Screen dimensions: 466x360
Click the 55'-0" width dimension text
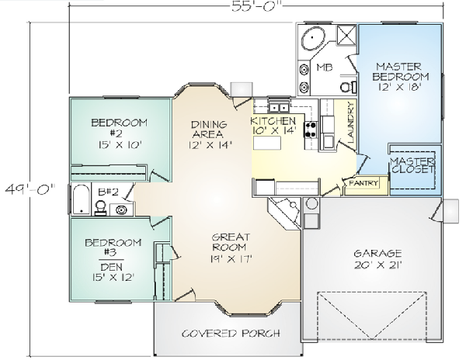pos(256,6)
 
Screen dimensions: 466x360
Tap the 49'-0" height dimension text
pos(30,189)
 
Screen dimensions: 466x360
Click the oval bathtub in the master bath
pos(312,38)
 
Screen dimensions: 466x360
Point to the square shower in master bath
pos(346,36)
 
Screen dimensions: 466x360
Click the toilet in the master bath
pos(348,86)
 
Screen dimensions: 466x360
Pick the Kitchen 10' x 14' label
pos(273,126)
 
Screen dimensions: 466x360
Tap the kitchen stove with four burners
pos(311,130)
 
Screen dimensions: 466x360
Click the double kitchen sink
pos(279,107)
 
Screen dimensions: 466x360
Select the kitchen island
pos(267,143)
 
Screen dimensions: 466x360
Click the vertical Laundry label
pos(351,122)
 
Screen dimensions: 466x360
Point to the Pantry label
pos(364,183)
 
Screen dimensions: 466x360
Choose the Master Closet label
pos(412,165)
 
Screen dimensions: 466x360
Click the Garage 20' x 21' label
pos(378,259)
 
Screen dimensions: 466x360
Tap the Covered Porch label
pos(231,334)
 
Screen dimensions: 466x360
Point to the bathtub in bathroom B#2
pos(81,199)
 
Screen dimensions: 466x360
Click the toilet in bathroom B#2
pos(100,207)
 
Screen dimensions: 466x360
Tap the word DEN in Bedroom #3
pos(111,267)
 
